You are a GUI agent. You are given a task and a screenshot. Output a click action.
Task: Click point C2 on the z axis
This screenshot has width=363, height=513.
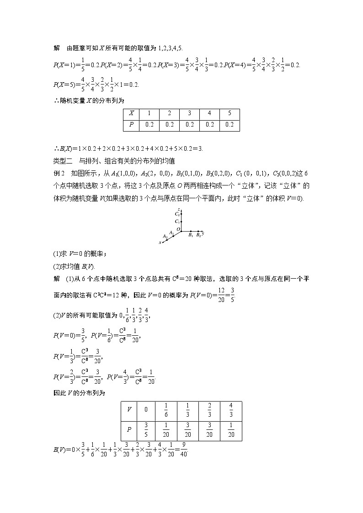click(x=181, y=214)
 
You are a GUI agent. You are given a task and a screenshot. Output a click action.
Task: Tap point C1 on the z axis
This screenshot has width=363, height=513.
click(x=181, y=221)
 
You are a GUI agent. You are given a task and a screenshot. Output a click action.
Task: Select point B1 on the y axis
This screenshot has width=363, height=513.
click(x=190, y=231)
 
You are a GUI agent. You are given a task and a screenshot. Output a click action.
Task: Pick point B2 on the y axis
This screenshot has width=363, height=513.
click(x=198, y=231)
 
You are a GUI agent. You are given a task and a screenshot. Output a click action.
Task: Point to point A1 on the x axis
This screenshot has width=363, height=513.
click(x=173, y=236)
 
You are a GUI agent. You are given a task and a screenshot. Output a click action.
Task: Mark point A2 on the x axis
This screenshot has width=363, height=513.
click(x=167, y=239)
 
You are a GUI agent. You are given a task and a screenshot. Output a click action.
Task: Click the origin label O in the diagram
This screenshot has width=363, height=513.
click(x=179, y=229)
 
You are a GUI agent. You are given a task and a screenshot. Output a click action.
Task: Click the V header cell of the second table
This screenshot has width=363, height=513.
click(x=129, y=409)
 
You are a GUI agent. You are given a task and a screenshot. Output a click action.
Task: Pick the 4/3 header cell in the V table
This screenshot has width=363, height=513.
click(x=231, y=409)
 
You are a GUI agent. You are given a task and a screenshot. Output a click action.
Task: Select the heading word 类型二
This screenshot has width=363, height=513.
click(x=63, y=161)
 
